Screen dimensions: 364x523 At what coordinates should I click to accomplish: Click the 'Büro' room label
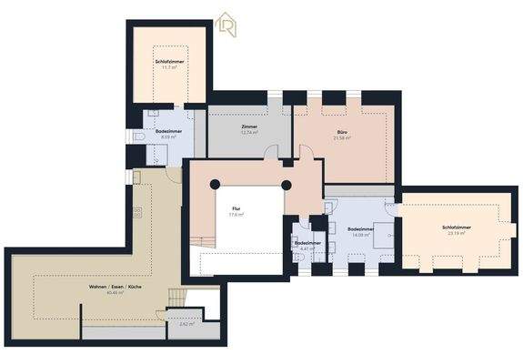click(341, 132)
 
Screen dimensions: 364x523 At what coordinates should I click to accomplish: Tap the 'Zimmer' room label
click(248, 126)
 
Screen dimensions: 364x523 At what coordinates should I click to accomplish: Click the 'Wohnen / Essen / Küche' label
click(115, 288)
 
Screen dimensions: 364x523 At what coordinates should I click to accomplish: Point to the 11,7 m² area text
click(168, 67)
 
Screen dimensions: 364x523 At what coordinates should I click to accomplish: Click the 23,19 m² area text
click(456, 233)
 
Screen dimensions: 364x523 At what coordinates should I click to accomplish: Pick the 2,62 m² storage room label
click(186, 323)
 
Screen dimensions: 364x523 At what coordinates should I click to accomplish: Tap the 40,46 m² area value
click(115, 294)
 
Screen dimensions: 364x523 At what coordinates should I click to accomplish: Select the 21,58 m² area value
click(341, 138)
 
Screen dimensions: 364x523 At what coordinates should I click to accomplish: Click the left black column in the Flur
click(216, 185)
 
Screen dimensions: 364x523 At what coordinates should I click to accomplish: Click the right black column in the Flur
click(286, 185)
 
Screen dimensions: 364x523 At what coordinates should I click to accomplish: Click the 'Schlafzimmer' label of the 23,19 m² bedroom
click(456, 227)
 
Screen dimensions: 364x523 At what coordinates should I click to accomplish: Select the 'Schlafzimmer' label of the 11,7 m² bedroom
click(168, 61)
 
